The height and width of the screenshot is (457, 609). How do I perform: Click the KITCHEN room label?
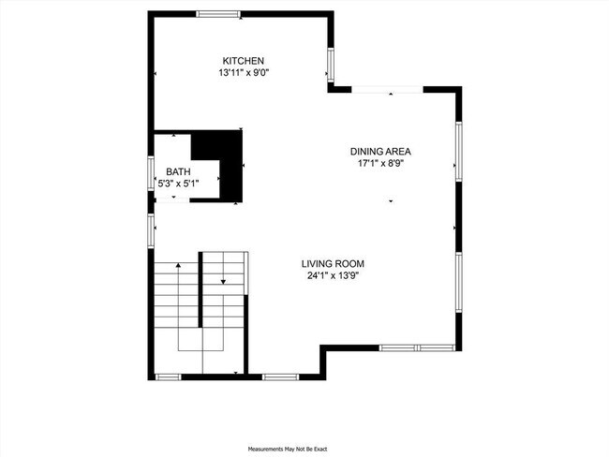[236, 60]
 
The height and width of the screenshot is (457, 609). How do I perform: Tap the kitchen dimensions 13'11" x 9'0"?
[244, 72]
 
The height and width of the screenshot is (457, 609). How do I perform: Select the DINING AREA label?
[380, 151]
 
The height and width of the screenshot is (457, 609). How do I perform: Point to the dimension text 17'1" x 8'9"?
[380, 163]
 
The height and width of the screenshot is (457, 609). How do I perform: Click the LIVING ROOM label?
[333, 263]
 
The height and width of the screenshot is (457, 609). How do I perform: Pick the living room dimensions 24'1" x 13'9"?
[333, 275]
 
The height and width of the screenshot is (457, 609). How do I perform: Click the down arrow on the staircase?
[223, 279]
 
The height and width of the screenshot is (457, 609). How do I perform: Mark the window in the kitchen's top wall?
[218, 13]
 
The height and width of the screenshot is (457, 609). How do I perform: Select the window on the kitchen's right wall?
[330, 66]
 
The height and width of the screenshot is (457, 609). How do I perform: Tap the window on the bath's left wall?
[151, 175]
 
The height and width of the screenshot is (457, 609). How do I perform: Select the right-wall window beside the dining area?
[458, 150]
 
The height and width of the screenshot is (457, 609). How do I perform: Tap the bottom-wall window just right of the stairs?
[278, 376]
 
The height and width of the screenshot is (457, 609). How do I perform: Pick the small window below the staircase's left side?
[167, 376]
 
